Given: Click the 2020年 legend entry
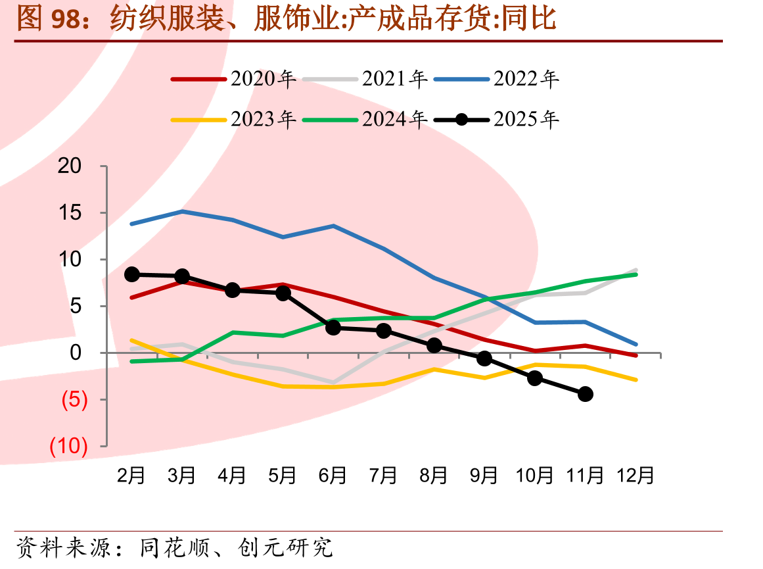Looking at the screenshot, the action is pyautogui.click(x=233, y=79).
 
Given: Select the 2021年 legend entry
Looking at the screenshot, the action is pyautogui.click(x=365, y=79).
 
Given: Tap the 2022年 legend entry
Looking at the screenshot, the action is pyautogui.click(x=496, y=79).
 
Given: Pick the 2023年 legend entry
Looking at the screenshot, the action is pyautogui.click(x=233, y=119).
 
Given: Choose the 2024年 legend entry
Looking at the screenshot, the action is pyautogui.click(x=365, y=119).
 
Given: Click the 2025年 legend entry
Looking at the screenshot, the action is pyautogui.click(x=496, y=119).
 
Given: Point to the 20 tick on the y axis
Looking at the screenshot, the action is pyautogui.click(x=70, y=166).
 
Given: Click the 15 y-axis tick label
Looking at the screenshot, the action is pyautogui.click(x=70, y=213).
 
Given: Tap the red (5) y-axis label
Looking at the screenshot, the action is pyautogui.click(x=74, y=399).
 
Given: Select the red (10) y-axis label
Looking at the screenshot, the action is pyautogui.click(x=68, y=446).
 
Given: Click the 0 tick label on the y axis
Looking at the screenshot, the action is pyautogui.click(x=76, y=353).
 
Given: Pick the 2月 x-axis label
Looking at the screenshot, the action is pyautogui.click(x=131, y=476).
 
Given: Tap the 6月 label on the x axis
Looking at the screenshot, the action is pyautogui.click(x=333, y=476).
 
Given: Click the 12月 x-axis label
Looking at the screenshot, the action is pyautogui.click(x=636, y=476).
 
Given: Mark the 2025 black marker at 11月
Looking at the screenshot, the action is pyautogui.click(x=586, y=394).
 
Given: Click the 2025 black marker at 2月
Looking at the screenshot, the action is pyautogui.click(x=132, y=275).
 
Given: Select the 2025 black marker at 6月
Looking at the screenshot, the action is pyautogui.click(x=333, y=328).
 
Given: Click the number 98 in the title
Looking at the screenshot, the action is pyautogui.click(x=65, y=19).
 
